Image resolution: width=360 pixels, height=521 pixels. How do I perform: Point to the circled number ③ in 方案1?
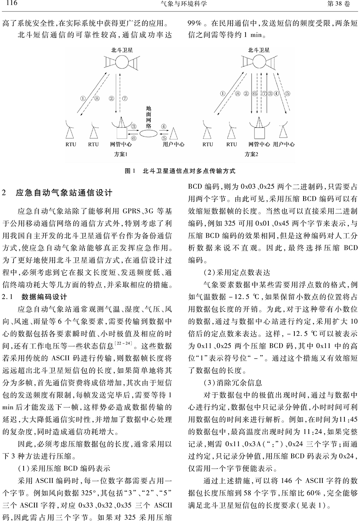click(x=134, y=126)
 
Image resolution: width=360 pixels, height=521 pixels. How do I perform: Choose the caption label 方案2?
click(x=251, y=154)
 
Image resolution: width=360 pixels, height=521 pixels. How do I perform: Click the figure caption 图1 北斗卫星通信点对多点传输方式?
click(x=180, y=171)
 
